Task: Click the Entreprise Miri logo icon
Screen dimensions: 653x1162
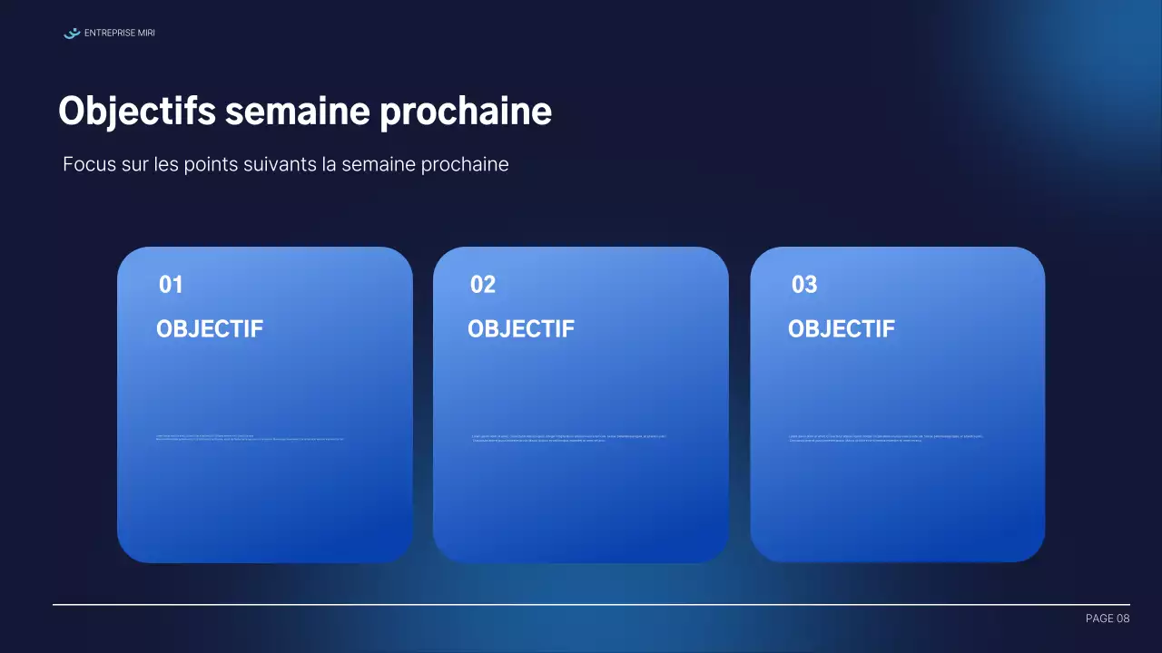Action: coord(72,34)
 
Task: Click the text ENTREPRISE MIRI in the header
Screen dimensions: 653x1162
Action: coord(119,34)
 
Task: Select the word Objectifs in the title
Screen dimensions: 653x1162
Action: coord(137,112)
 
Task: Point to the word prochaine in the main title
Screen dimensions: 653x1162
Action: coord(466,112)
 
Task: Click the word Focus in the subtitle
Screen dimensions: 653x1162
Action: coord(89,164)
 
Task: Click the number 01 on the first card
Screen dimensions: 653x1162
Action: coord(171,285)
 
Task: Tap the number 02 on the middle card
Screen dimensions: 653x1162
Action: coord(483,285)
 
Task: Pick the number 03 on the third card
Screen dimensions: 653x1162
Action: coord(804,285)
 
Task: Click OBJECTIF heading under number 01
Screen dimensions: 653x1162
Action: coord(210,329)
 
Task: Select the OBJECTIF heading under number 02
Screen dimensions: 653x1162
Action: coord(521,329)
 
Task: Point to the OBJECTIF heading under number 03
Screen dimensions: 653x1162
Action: coord(842,329)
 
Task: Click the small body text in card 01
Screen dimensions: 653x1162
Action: coord(250,437)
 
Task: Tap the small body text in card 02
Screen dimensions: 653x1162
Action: coord(569,438)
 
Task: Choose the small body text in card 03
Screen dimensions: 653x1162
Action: coord(885,438)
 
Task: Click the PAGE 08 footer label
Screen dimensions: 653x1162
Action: coord(1108,619)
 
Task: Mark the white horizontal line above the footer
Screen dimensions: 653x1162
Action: coord(590,604)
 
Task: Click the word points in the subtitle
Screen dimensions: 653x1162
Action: coord(207,164)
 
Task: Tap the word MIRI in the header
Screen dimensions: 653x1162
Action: coord(145,34)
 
